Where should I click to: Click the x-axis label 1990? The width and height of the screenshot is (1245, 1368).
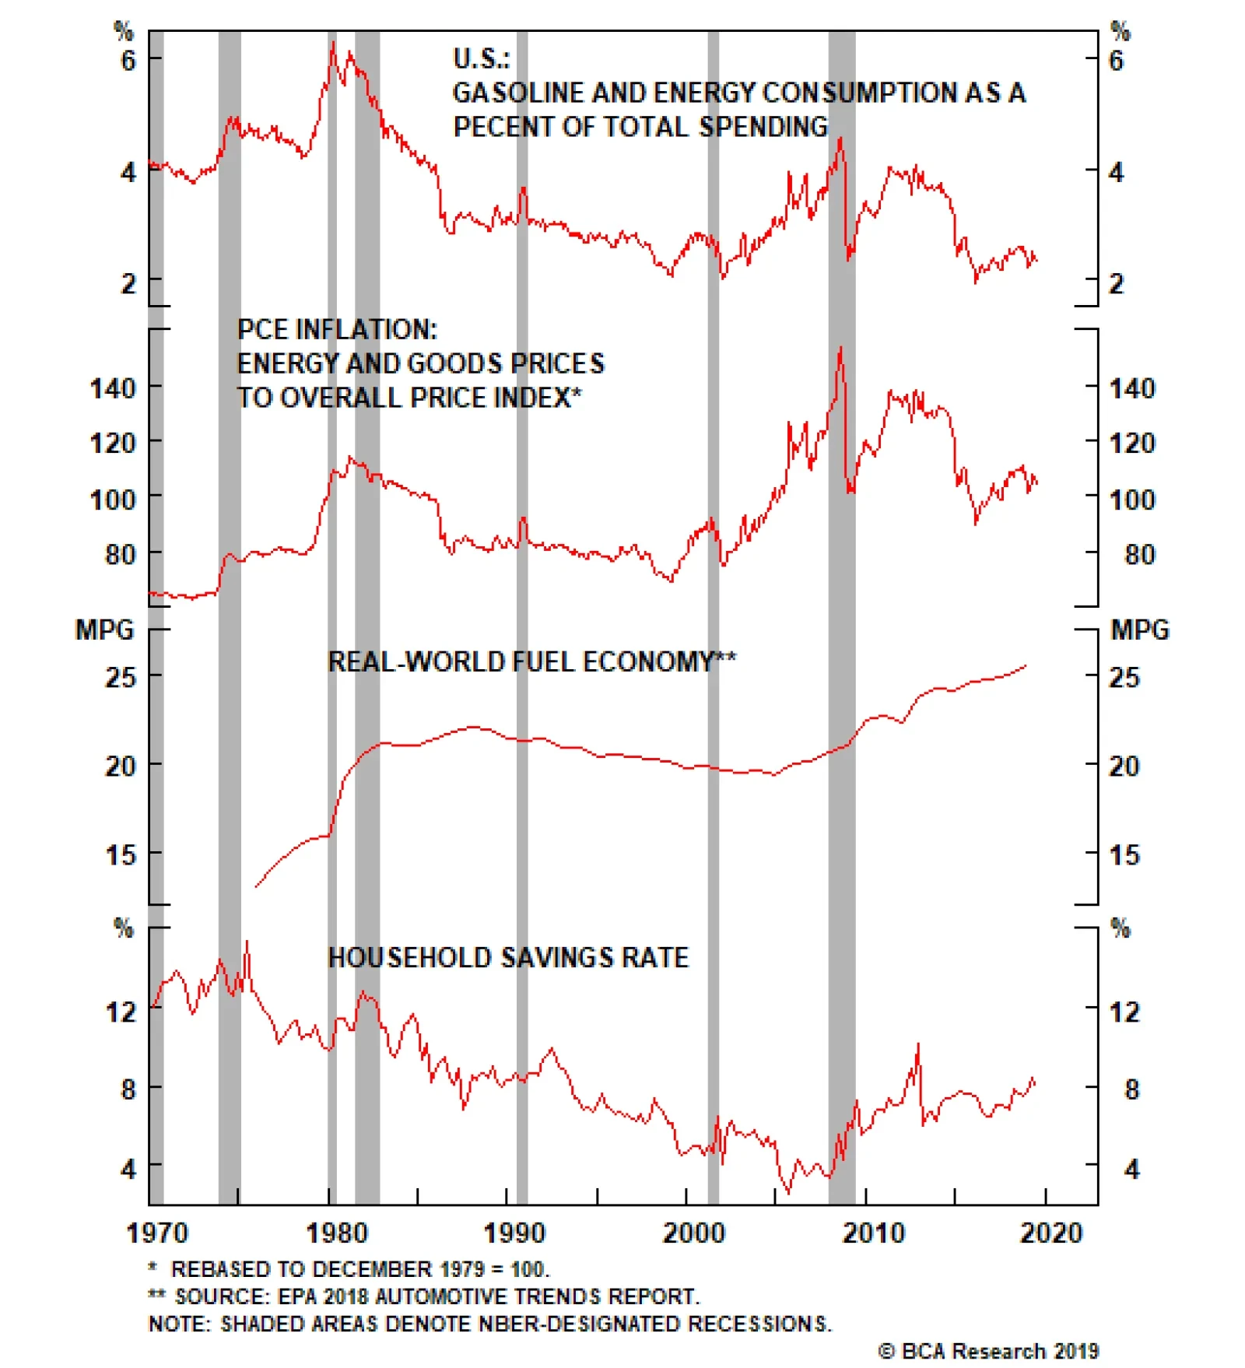pos(514,1233)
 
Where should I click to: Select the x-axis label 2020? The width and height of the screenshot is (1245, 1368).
pos(1050,1233)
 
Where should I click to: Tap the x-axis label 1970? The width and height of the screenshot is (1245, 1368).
pos(157,1233)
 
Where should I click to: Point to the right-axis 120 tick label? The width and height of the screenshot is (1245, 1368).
pos(1132,443)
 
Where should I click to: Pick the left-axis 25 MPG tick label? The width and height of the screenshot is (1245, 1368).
pos(121,677)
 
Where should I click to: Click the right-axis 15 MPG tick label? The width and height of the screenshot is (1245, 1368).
pos(1124,855)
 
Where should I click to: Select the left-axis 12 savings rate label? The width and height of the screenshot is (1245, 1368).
pos(121,1012)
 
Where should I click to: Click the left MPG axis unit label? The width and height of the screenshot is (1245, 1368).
pos(104,630)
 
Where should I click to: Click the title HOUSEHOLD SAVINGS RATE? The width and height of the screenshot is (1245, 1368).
pos(508,957)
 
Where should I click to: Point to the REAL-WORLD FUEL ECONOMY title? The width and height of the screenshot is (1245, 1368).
pos(531,661)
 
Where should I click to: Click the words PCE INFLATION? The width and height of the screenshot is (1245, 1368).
pos(337,329)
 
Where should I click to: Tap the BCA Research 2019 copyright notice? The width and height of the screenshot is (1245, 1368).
pos(988,1351)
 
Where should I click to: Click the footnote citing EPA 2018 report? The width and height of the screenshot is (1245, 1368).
pos(424,1296)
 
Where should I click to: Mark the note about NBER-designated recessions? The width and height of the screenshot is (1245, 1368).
pos(490,1324)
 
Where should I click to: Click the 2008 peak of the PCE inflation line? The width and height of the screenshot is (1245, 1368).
pos(840,348)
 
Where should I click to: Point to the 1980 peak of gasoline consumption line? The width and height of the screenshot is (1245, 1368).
pos(333,43)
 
